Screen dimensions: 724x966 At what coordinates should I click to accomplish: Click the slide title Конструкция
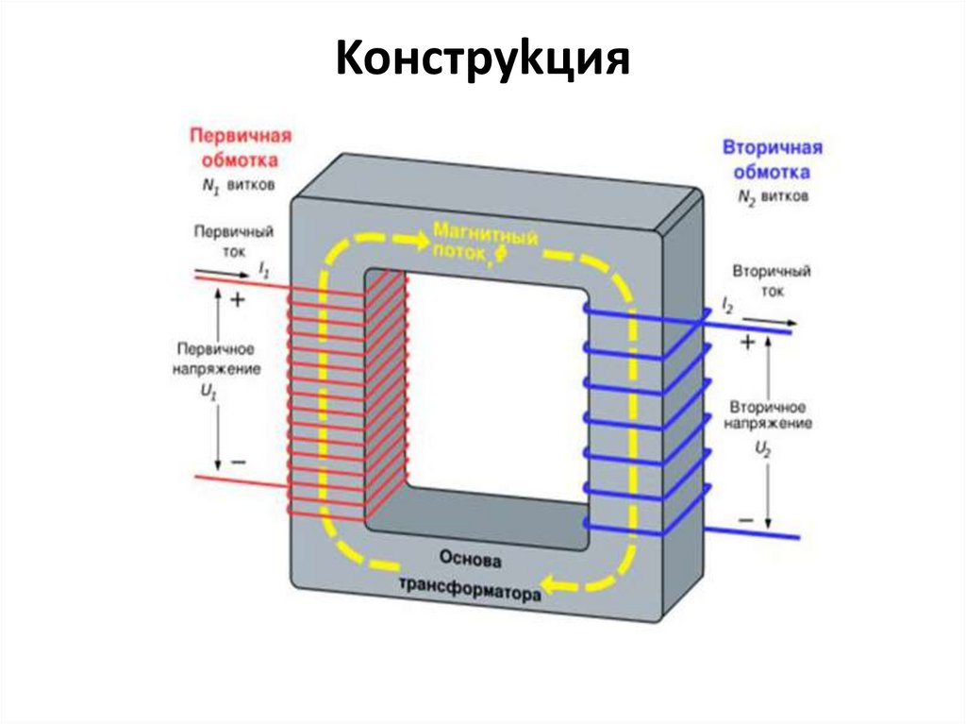482,60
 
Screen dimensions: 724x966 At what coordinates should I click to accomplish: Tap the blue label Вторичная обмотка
773,160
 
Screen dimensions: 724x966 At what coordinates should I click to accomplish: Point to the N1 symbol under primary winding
209,186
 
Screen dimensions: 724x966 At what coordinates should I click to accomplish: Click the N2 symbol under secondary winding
749,199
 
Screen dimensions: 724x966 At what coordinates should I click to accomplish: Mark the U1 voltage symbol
208,397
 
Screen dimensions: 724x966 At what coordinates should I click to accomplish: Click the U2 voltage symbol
764,452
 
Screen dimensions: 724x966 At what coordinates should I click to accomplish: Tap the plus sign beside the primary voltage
237,300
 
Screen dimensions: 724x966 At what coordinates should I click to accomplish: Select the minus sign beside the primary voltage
238,462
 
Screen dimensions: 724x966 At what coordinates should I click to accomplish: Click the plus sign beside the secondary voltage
746,344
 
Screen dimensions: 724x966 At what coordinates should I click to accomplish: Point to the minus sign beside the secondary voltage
746,520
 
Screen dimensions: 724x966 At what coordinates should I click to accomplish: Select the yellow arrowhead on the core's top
416,240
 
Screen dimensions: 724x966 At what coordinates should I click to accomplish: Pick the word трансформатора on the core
470,589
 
